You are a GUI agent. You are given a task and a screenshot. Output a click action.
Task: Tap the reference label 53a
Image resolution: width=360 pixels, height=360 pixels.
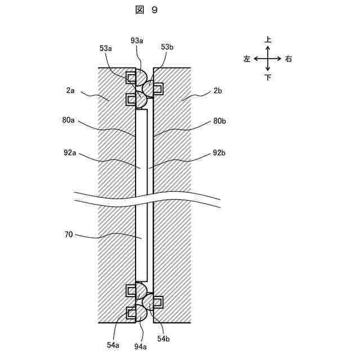[106, 49]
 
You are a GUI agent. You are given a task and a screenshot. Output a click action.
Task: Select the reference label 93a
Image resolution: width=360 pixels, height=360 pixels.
[137, 41]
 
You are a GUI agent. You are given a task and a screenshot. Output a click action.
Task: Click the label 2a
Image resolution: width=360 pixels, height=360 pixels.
[71, 89]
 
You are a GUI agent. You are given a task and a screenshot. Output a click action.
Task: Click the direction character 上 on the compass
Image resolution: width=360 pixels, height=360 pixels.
[268, 40]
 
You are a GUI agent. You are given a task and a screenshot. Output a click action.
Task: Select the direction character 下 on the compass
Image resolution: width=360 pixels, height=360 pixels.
[268, 77]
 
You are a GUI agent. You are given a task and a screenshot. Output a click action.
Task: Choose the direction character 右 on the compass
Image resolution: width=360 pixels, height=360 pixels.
[288, 58]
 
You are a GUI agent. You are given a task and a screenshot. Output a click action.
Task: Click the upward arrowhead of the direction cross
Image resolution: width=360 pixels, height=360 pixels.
[268, 47]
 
